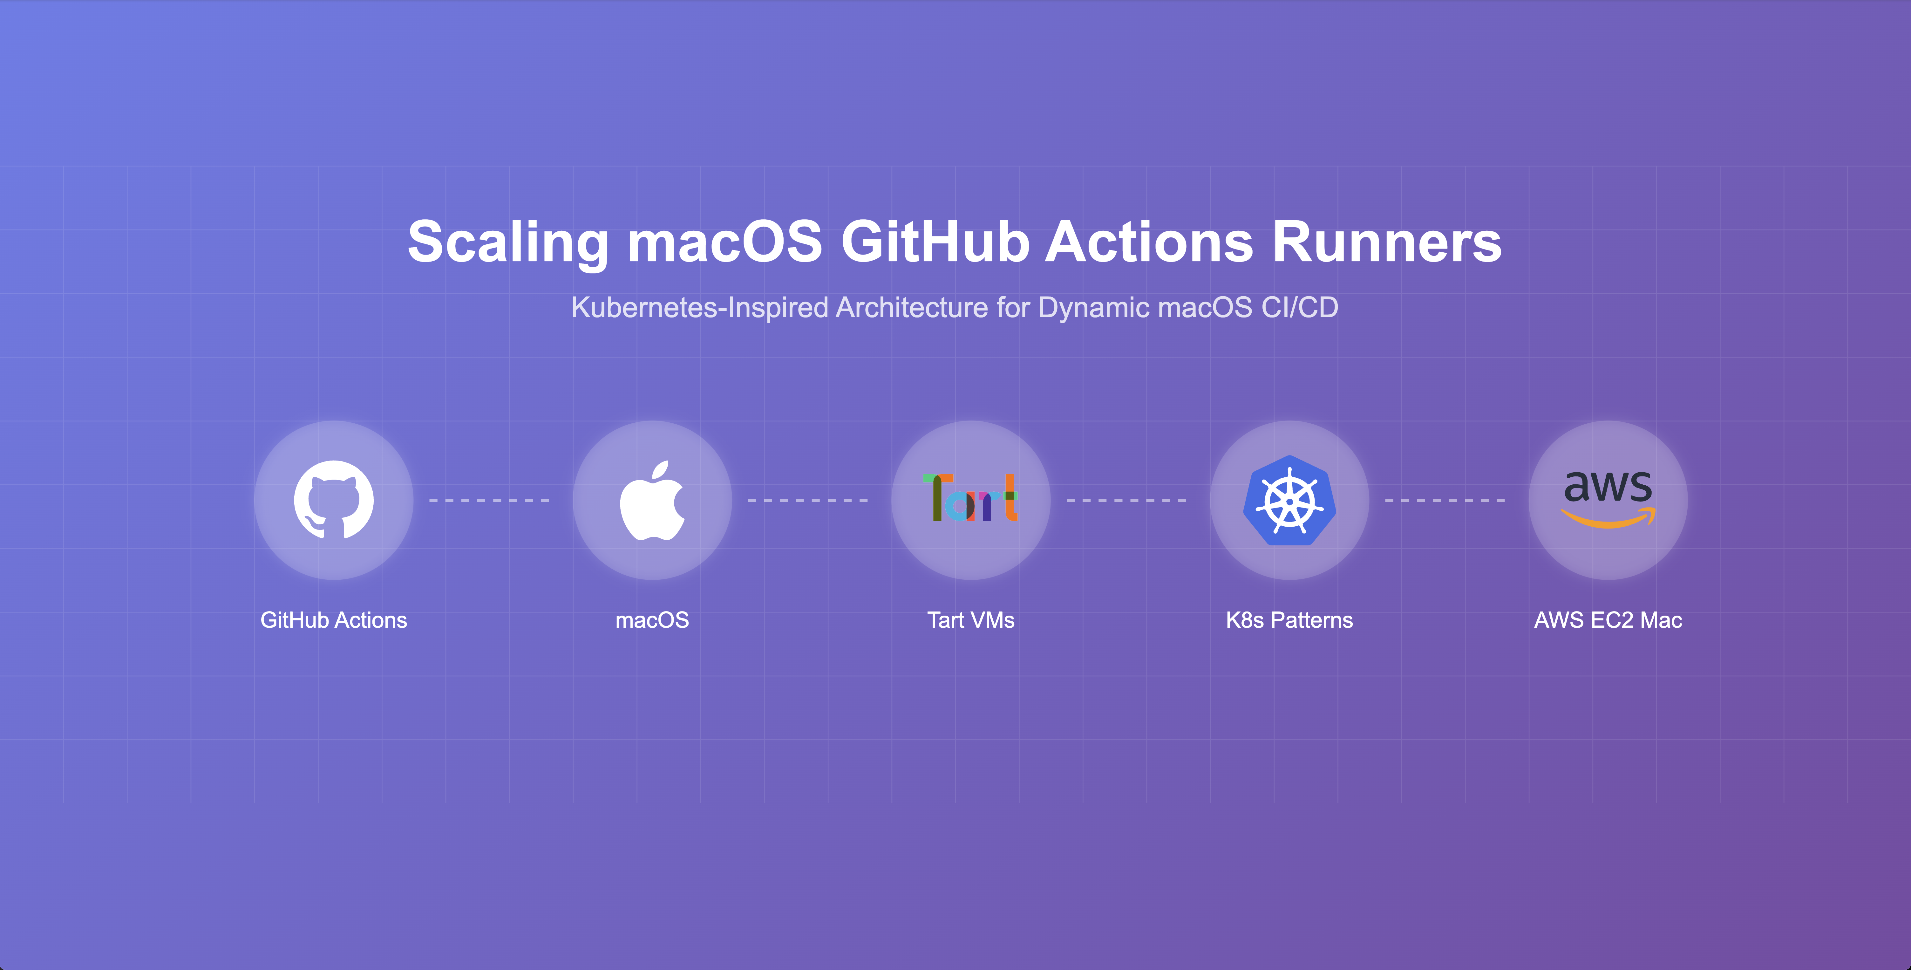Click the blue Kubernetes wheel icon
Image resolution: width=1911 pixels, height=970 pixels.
tap(1289, 500)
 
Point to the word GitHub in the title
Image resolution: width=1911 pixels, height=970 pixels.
tap(935, 243)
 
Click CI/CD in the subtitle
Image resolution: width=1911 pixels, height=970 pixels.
tap(1300, 307)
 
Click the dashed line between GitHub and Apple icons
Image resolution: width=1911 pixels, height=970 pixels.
tap(490, 500)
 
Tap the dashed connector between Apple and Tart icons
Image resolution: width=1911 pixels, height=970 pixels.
tap(808, 500)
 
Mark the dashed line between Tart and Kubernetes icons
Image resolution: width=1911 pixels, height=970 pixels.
tap(1126, 500)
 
